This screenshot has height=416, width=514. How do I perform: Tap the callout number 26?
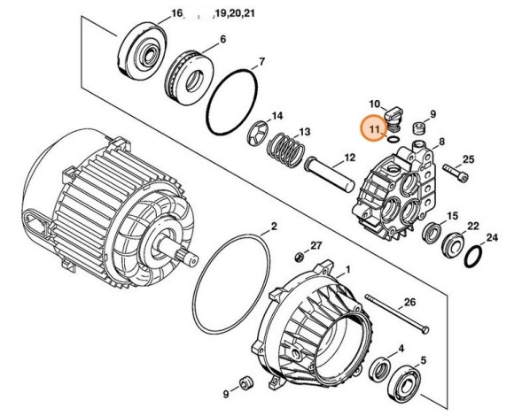click(x=409, y=302)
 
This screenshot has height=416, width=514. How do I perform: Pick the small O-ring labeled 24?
click(x=473, y=256)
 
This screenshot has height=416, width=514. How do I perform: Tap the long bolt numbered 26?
click(x=391, y=317)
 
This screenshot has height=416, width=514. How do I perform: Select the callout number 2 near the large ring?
click(x=274, y=227)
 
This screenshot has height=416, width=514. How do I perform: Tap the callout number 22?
click(x=474, y=227)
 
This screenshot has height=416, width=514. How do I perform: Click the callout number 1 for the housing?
click(x=348, y=268)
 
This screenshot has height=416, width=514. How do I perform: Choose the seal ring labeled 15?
click(x=434, y=234)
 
